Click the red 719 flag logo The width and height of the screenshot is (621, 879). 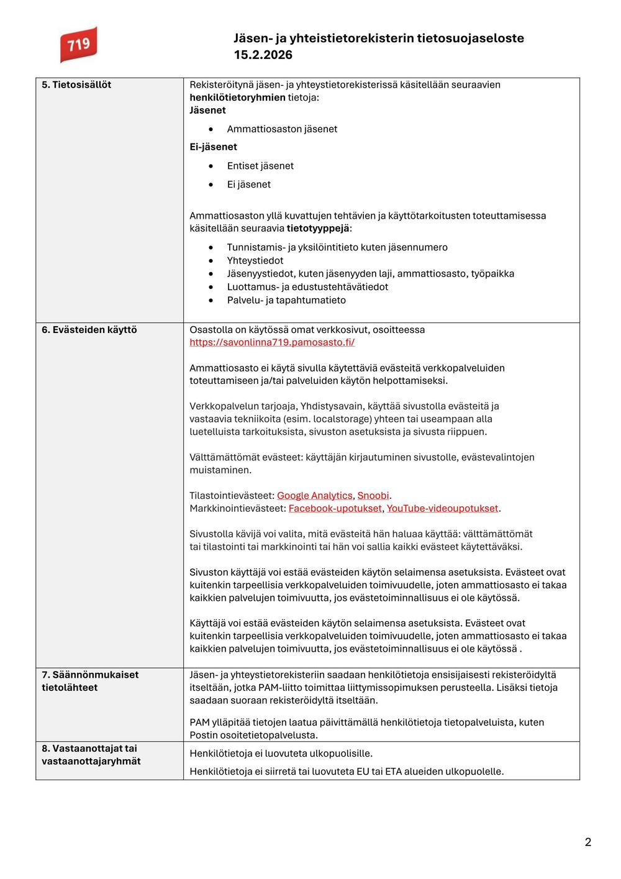pyautogui.click(x=78, y=45)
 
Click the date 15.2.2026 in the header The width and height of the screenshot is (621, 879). pyautogui.click(x=263, y=55)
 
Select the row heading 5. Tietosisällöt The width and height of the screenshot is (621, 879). pyautogui.click(x=76, y=84)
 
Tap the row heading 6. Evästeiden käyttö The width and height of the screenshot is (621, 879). pyautogui.click(x=89, y=330)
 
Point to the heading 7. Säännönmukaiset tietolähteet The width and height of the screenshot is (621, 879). pyautogui.click(x=90, y=681)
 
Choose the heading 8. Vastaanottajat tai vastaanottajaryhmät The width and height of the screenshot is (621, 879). pyautogui.click(x=91, y=755)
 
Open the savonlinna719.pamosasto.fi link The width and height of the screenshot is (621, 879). pyautogui.click(x=272, y=342)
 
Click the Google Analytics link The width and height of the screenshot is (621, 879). pyautogui.click(x=314, y=496)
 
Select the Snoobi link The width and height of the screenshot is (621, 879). pyautogui.click(x=373, y=496)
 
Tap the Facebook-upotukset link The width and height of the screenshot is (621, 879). pyautogui.click(x=335, y=508)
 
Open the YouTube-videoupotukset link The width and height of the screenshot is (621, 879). pyautogui.click(x=442, y=508)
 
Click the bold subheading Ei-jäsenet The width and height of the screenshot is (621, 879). pyautogui.click(x=213, y=147)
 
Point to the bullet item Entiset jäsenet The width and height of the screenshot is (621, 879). pyautogui.click(x=260, y=166)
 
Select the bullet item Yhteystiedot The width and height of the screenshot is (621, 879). pyautogui.click(x=255, y=261)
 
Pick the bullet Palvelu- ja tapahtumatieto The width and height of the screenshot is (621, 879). pyautogui.click(x=286, y=300)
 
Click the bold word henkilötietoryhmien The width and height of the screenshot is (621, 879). pyautogui.click(x=237, y=98)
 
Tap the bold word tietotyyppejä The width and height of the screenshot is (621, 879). pyautogui.click(x=319, y=229)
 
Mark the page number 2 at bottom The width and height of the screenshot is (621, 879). pyautogui.click(x=587, y=842)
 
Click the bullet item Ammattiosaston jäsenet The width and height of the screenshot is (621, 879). pyautogui.click(x=282, y=129)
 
